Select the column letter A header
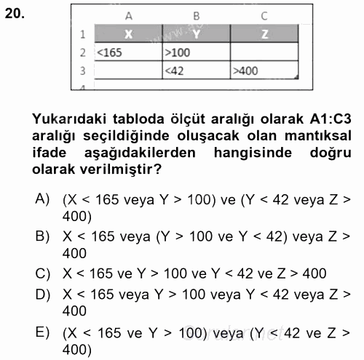click(x=129, y=15)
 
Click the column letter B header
click(x=196, y=15)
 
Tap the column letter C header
click(x=264, y=15)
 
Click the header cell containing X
click(x=129, y=33)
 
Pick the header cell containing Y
click(x=196, y=33)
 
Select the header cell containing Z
click(x=264, y=33)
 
